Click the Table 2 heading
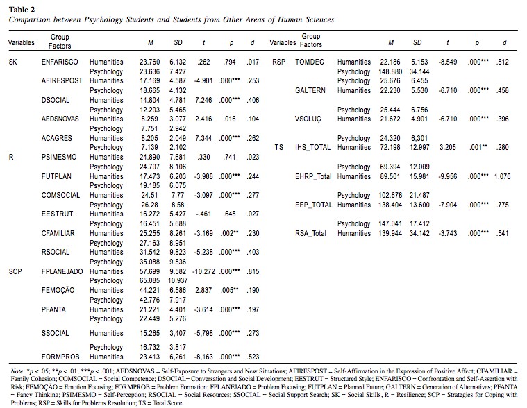tap(22, 10)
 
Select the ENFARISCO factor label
tap(60, 62)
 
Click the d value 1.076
tap(502, 176)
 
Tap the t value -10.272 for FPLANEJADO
tap(203, 271)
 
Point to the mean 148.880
tap(390, 71)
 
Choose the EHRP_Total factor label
tap(313, 176)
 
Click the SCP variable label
tap(15, 271)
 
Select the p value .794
tap(230, 62)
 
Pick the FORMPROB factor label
tap(60, 357)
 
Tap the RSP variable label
tap(278, 62)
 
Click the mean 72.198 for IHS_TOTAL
tap(390, 147)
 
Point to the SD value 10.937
tap(178, 280)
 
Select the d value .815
tap(253, 271)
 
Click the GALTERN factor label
tap(310, 90)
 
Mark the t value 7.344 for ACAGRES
tap(203, 138)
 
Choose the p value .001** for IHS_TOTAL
tap(478, 147)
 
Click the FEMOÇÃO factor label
tap(58, 290)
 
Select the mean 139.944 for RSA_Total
tap(390, 233)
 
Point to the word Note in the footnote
tap(17, 371)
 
